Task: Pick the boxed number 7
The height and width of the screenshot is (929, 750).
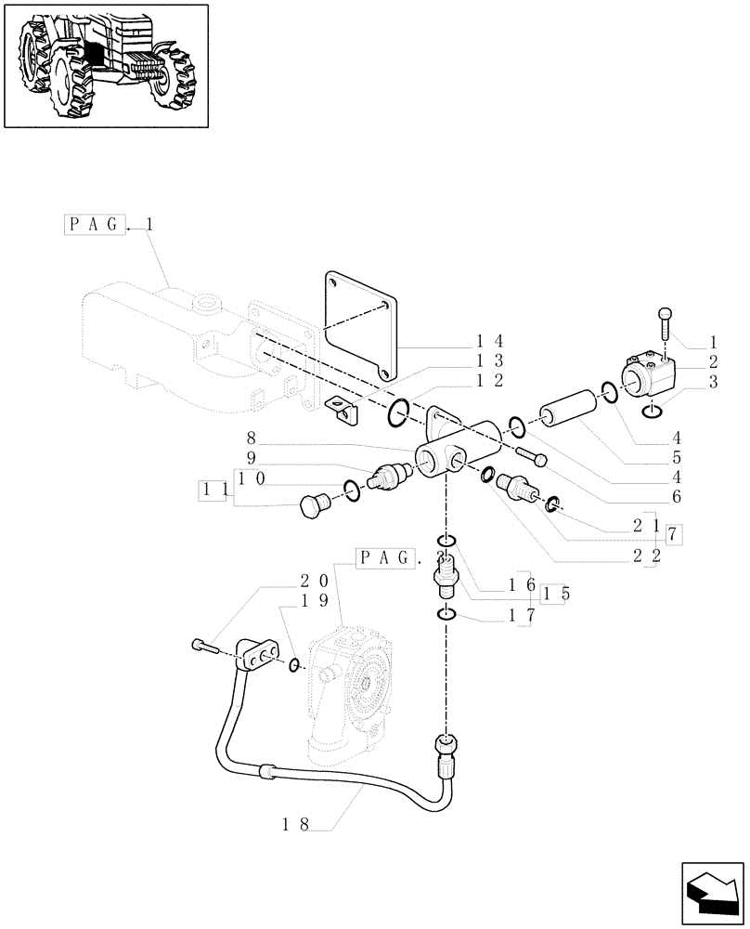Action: (x=674, y=533)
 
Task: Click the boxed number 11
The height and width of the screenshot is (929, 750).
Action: (x=215, y=488)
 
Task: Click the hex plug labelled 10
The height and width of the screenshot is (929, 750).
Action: (x=315, y=506)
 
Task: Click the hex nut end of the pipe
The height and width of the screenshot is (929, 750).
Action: (x=446, y=746)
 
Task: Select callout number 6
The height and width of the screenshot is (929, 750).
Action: (x=677, y=497)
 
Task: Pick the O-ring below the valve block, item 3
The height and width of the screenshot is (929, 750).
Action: (x=651, y=411)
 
